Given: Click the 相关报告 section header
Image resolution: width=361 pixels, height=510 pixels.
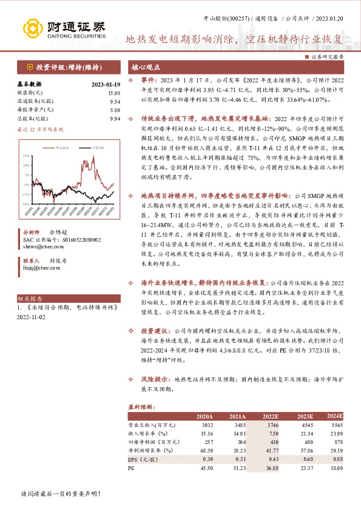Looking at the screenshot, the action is (30, 299).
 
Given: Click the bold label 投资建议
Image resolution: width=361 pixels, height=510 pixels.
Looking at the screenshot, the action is (154, 332).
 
